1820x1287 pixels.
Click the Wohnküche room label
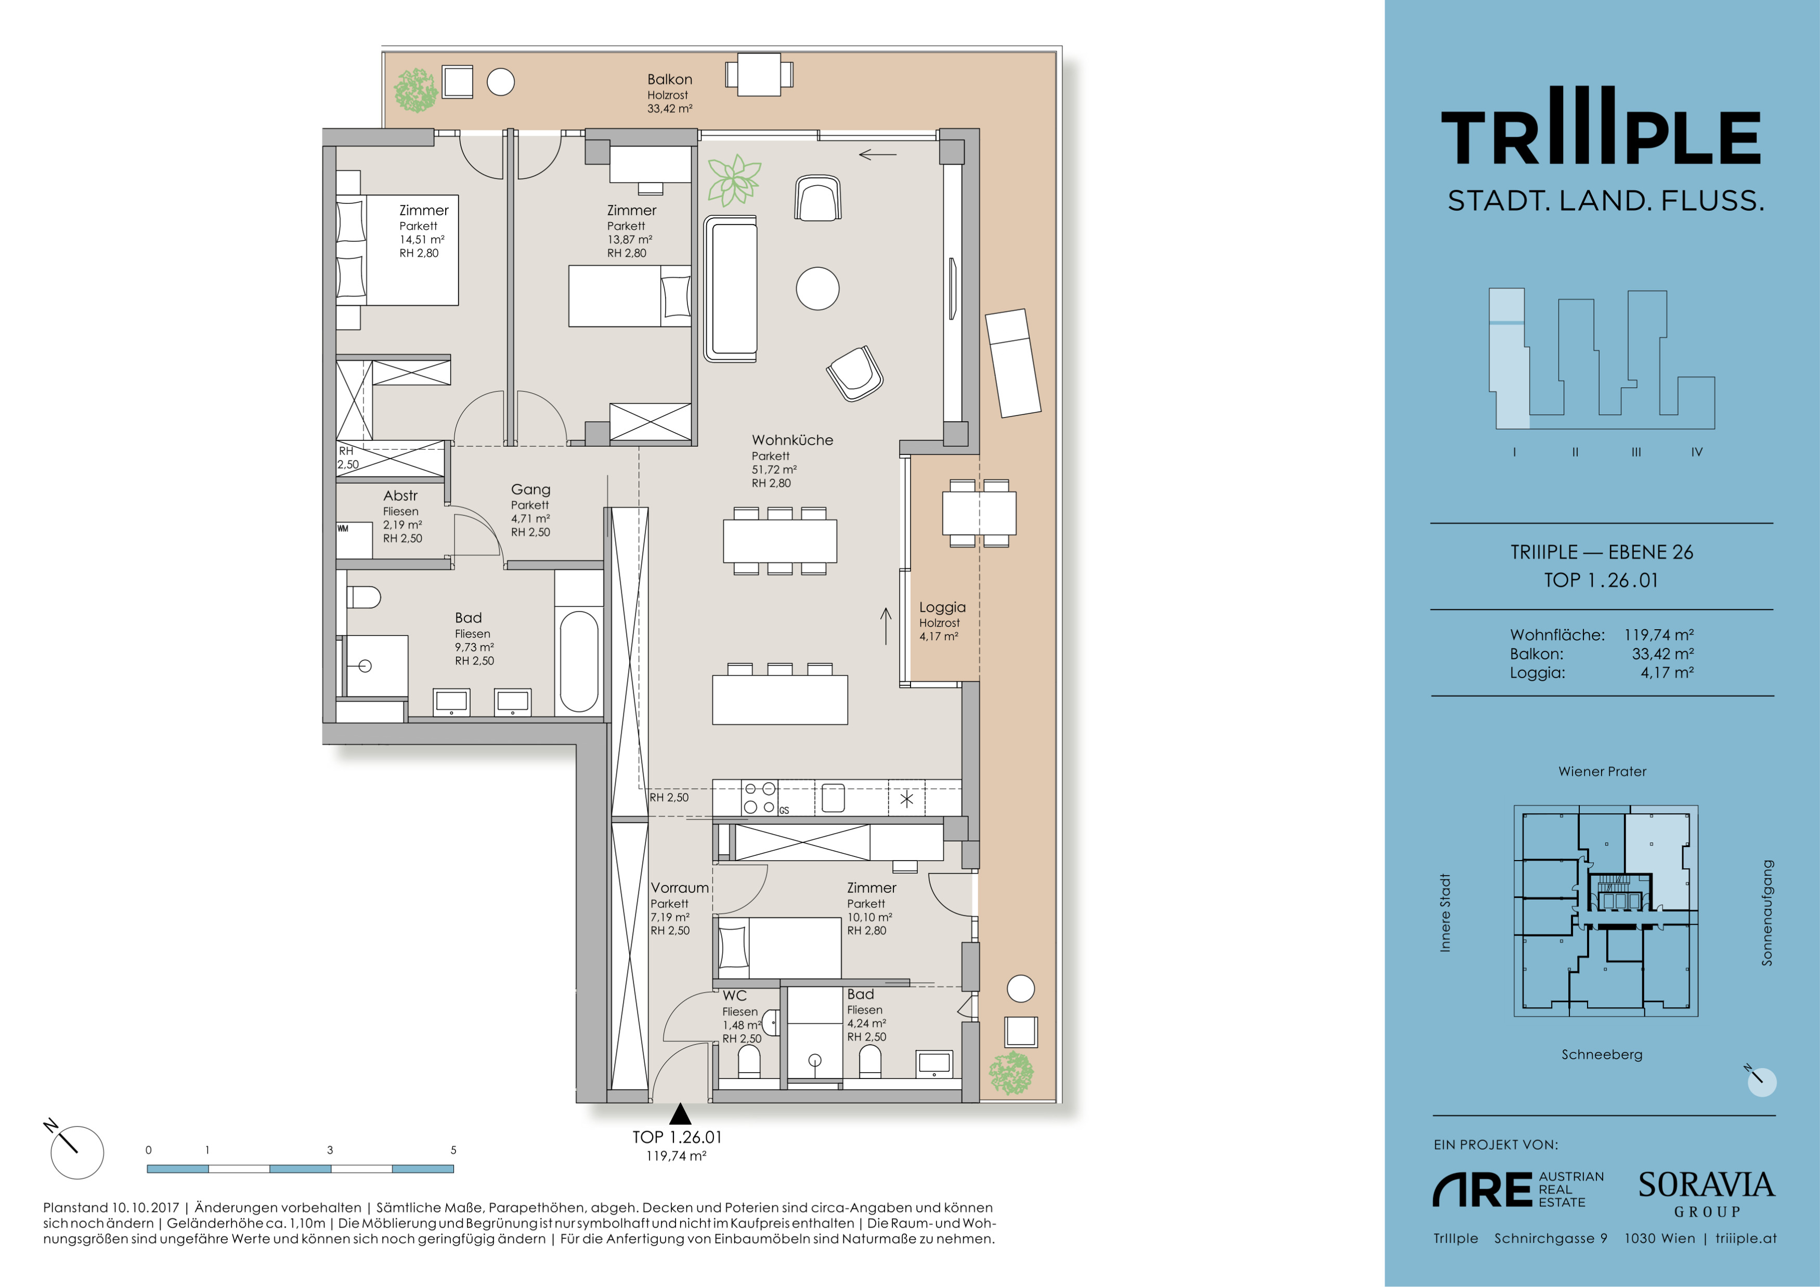coord(792,440)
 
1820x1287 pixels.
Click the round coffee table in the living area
coord(817,289)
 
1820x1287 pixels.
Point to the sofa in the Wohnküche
coord(731,289)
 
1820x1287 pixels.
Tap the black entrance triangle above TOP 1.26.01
coord(679,1114)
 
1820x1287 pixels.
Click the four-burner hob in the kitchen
coord(759,798)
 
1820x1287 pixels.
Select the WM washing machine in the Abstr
coord(354,540)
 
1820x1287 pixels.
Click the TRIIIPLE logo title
coord(1601,127)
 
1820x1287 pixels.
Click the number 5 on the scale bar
coord(453,1150)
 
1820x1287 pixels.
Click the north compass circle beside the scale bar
coord(77,1152)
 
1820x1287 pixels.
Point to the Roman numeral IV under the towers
coord(1696,452)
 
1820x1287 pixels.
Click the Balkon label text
coord(670,79)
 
